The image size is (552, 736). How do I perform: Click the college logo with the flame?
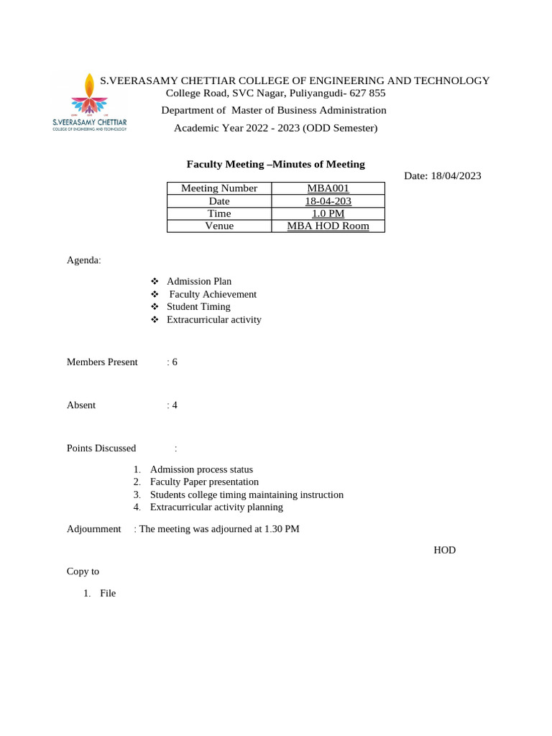(89, 103)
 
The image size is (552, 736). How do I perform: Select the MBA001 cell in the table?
(328, 188)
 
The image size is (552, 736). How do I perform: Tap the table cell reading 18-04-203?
(328, 201)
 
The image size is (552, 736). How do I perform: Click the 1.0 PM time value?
(328, 213)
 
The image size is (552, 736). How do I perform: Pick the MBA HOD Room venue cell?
(328, 226)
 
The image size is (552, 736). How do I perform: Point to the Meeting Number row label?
(218, 188)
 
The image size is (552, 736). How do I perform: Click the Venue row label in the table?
(218, 226)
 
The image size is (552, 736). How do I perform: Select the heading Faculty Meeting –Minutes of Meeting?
(275, 165)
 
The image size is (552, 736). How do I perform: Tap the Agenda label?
(84, 260)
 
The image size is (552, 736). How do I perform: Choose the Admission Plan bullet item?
(199, 282)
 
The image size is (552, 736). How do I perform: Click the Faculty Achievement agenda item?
(213, 294)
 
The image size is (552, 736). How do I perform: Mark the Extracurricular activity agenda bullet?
(214, 320)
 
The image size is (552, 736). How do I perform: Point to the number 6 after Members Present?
(175, 362)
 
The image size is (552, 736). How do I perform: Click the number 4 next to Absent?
(175, 405)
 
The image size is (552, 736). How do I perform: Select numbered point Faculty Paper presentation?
(204, 482)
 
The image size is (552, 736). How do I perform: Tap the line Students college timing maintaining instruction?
(247, 495)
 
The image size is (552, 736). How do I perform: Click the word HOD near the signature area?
(444, 551)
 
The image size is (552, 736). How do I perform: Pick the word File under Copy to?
(108, 594)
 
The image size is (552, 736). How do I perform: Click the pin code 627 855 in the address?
(367, 93)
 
